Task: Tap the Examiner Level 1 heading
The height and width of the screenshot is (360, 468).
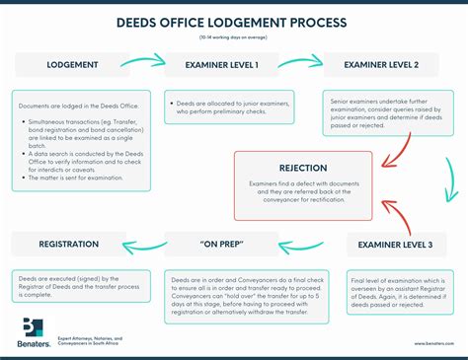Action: coord(222,65)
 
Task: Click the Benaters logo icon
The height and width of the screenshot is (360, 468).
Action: coord(32,328)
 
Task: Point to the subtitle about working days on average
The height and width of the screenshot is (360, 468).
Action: coord(234,36)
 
